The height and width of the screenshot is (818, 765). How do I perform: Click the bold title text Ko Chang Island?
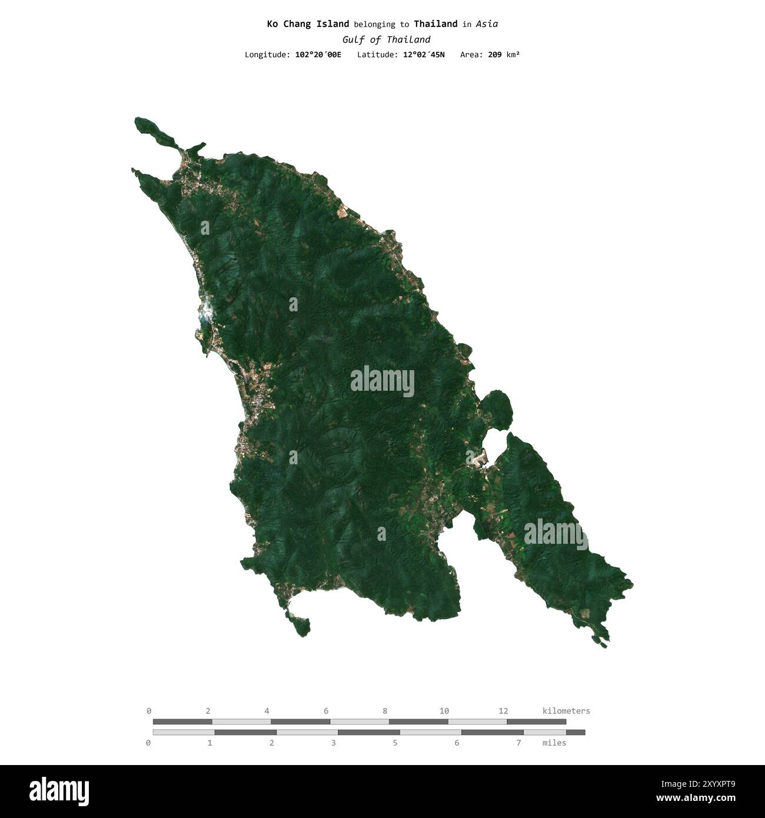[308, 24]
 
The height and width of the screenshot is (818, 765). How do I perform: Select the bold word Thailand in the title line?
[435, 24]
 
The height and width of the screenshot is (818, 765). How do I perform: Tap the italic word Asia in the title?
[487, 24]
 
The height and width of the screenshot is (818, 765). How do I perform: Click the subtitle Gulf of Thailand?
[386, 39]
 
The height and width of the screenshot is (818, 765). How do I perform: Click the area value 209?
[495, 55]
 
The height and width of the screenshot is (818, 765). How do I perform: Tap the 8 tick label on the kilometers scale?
[385, 711]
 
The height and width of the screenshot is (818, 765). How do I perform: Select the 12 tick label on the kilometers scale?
[503, 711]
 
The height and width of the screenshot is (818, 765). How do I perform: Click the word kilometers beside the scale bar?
[566, 711]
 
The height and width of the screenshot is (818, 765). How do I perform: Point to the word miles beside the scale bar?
[554, 743]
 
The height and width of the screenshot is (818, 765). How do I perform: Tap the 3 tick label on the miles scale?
[333, 743]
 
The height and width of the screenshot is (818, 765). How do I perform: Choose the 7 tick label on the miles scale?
[518, 743]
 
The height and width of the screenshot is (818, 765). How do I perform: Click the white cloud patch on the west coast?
[205, 311]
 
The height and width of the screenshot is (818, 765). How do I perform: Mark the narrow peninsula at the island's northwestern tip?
[154, 131]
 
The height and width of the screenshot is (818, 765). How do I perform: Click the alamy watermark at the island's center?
[382, 381]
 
